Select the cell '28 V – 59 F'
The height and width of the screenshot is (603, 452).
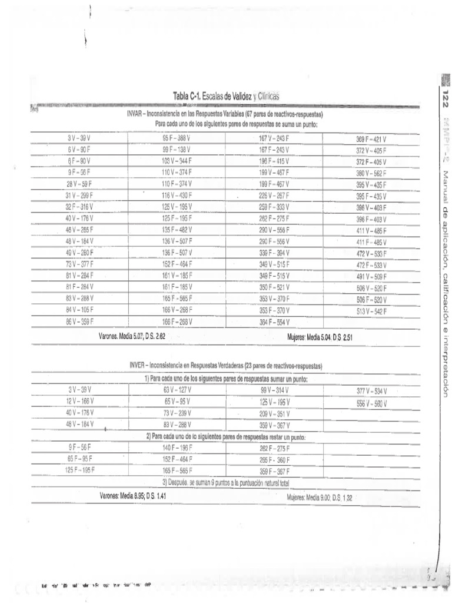coord(79,184)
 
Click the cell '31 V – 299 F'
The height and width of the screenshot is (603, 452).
coord(79,196)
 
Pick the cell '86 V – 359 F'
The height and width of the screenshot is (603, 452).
coord(79,322)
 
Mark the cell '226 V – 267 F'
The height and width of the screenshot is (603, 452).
coord(275,196)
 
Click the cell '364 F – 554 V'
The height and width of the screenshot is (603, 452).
coord(275,322)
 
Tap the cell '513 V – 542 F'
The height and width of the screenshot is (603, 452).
coord(371,312)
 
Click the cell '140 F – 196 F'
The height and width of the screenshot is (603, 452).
coord(177,448)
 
